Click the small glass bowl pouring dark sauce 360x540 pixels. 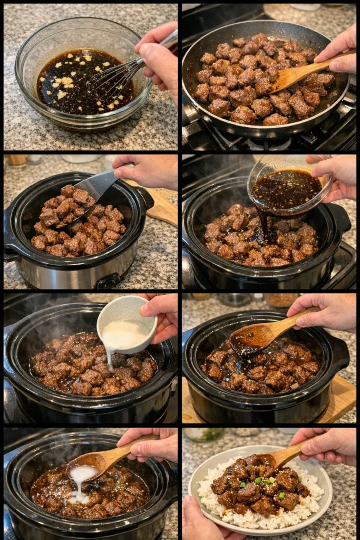point(287,185)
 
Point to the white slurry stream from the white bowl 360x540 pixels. point(109,359)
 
